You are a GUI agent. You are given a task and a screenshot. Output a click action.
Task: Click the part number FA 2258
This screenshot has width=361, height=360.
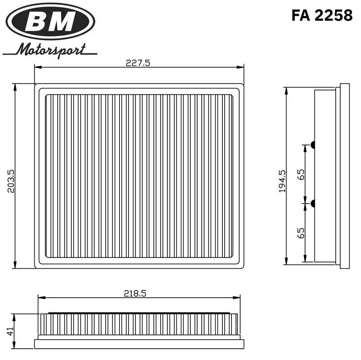pos(322,15)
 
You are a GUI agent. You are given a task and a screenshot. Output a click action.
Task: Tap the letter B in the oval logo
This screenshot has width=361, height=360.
pos(39,21)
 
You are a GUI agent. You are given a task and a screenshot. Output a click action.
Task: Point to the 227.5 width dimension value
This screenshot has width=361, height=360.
pos(138,63)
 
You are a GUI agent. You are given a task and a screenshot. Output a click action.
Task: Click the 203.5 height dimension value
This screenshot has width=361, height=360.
pos(11,181)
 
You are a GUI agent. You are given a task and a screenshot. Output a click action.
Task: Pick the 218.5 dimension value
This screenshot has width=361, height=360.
pos(135,293)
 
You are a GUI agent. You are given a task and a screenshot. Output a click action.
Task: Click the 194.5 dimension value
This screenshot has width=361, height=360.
pos(282,181)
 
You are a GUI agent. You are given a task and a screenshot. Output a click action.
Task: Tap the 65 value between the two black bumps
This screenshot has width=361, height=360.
pos(301,174)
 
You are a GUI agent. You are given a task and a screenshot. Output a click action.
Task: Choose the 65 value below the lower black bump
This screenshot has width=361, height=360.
pos(301,233)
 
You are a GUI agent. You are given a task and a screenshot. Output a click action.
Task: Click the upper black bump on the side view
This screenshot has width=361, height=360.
pos(312,145)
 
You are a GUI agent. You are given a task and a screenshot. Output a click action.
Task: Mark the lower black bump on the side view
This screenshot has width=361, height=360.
pos(312,204)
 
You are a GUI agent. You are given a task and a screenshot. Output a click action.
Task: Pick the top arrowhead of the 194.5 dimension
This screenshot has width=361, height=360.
pos(286,90)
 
